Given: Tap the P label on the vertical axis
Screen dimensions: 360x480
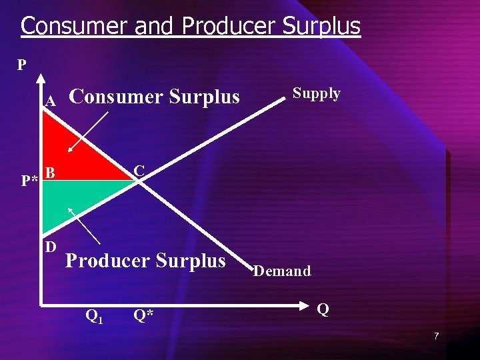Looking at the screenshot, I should point(22,65).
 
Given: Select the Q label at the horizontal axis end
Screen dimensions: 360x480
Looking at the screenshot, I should point(323,310).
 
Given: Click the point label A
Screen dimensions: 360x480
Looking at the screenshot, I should point(49,101).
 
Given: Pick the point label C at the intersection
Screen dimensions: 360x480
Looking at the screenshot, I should point(139,171).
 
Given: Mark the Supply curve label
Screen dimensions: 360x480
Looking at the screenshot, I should point(317,94).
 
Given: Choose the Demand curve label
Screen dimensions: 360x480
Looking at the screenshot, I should point(282,271).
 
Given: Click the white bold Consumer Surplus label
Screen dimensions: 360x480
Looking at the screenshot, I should point(154,97).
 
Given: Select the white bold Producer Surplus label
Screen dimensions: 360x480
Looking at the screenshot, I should point(146,261).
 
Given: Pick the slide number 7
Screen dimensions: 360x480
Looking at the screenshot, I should point(436,336).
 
